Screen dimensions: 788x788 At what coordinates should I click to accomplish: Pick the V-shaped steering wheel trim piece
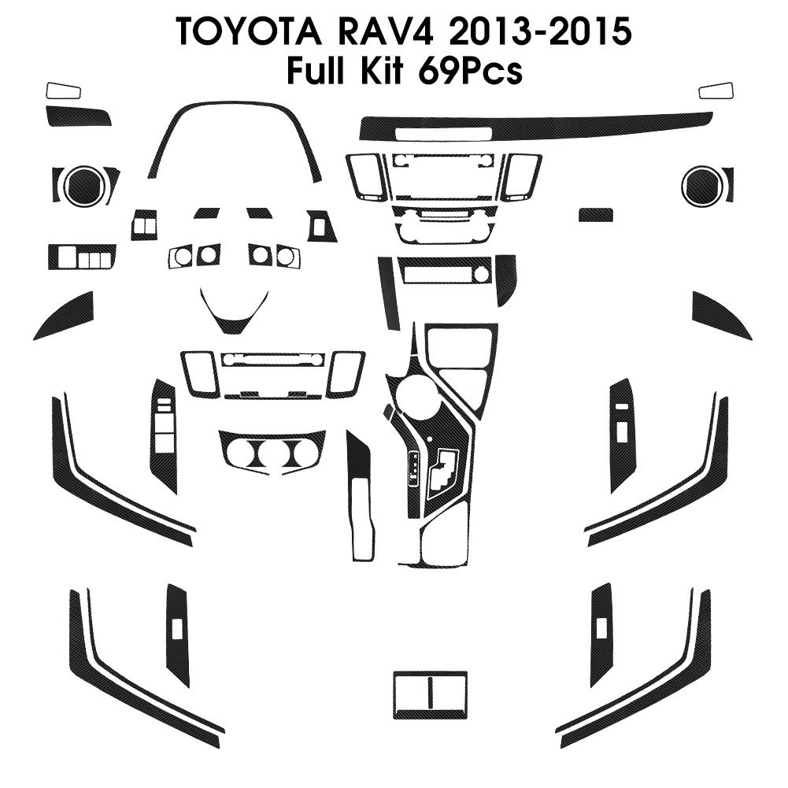coord(234,313)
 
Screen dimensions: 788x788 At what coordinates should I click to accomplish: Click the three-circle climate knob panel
coord(272,453)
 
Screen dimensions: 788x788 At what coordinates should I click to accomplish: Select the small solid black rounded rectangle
coord(596,215)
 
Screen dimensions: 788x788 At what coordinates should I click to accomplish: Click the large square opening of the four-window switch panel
coord(67,256)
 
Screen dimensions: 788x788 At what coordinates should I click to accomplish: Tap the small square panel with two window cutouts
coord(144,226)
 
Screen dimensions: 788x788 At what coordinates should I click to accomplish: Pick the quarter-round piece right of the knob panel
coord(506,278)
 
